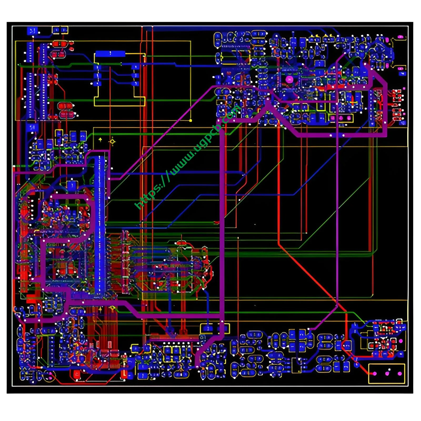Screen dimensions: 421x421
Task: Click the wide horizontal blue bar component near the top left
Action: pyautogui.click(x=110, y=54)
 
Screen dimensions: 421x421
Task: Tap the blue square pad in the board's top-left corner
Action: pyautogui.click(x=32, y=31)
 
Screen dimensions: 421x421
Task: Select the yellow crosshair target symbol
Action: pyautogui.click(x=112, y=141)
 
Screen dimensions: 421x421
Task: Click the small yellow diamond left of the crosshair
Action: pyautogui.click(x=100, y=139)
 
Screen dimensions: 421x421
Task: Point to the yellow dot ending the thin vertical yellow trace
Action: pyautogui.click(x=191, y=121)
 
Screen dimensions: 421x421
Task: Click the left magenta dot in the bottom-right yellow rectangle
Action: pyautogui.click(x=375, y=373)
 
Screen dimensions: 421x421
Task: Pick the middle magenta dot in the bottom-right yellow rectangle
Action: pyautogui.click(x=387, y=373)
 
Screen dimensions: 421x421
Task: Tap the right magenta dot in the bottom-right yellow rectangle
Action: pyautogui.click(x=400, y=373)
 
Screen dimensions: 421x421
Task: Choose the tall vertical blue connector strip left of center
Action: pyautogui.click(x=100, y=224)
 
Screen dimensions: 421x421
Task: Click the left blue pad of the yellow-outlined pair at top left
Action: pyautogui.click(x=56, y=30)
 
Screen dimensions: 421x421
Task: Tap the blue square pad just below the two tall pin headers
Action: pyautogui.click(x=32, y=128)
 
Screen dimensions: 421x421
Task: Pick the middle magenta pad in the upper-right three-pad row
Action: pyautogui.click(x=341, y=118)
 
